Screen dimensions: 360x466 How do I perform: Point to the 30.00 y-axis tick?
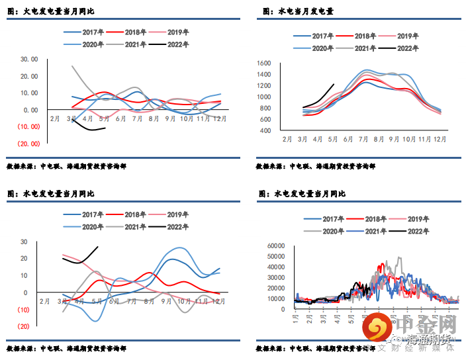pyautogui.click(x=30, y=59)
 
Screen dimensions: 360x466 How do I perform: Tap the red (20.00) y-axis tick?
pyautogui.click(x=28, y=143)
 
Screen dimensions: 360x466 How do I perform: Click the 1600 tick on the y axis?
pyautogui.click(x=263, y=64)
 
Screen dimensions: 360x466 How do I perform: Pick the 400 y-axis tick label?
pyautogui.click(x=265, y=131)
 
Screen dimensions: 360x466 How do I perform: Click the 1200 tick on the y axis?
pyautogui.click(x=263, y=86)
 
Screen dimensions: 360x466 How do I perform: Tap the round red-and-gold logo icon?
pyautogui.click(x=378, y=328)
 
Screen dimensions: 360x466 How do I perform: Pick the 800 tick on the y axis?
pyautogui.click(x=265, y=109)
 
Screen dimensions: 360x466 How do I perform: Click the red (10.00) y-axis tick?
pyautogui.click(x=28, y=126)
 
